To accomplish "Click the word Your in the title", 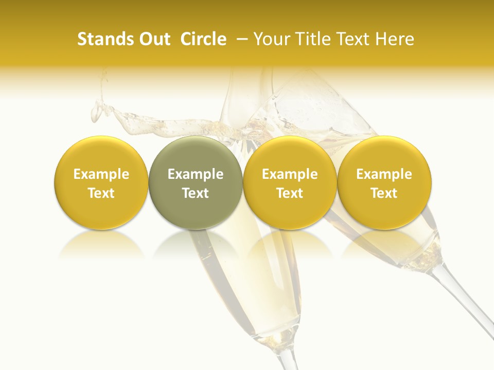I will tap(272, 40).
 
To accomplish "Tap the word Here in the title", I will tap(396, 40).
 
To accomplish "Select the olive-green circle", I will tap(196, 182).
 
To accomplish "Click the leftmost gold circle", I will tap(101, 182).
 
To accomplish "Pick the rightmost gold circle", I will tap(384, 182).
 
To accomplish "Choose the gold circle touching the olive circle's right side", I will tap(290, 182).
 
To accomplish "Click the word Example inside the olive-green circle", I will tap(196, 174).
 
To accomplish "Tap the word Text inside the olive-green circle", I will tap(196, 193).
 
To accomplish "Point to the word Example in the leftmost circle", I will tap(101, 174).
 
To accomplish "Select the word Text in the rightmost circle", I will tap(384, 193).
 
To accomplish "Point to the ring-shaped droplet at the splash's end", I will tap(97, 110).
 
